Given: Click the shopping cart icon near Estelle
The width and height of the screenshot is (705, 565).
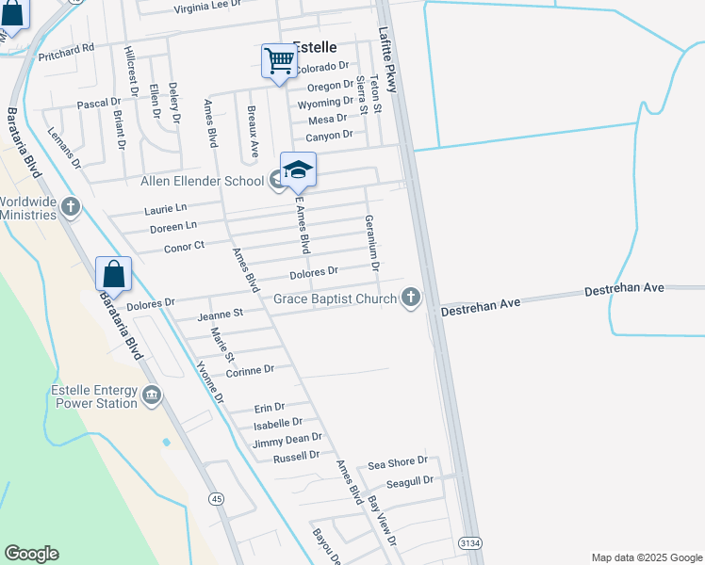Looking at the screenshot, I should pyautogui.click(x=279, y=61).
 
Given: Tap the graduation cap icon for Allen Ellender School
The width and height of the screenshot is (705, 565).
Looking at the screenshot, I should pyautogui.click(x=298, y=169).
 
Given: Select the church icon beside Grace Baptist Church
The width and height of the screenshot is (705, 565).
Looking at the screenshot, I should pyautogui.click(x=410, y=299).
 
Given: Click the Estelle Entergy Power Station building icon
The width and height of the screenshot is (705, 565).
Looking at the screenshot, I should pyautogui.click(x=151, y=397).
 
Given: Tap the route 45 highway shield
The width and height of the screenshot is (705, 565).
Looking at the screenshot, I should pyautogui.click(x=218, y=497).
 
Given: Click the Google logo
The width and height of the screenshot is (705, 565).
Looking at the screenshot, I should pyautogui.click(x=31, y=554).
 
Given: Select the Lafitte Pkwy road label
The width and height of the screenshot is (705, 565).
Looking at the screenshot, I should pyautogui.click(x=389, y=59).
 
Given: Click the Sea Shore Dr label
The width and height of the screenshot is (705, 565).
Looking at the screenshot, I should pyautogui.click(x=398, y=463).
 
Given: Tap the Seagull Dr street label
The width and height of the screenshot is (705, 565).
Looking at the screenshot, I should pyautogui.click(x=409, y=480).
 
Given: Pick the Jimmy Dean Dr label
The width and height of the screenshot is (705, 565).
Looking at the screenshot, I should pyautogui.click(x=287, y=439).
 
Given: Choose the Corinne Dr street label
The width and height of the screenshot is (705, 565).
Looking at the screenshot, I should pyautogui.click(x=250, y=370).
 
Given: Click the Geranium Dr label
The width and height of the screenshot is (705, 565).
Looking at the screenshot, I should pyautogui.click(x=372, y=243).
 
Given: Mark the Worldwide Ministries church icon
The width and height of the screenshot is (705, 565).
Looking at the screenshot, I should pyautogui.click(x=71, y=206).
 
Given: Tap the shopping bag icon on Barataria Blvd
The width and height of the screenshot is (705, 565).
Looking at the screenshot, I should pyautogui.click(x=113, y=274).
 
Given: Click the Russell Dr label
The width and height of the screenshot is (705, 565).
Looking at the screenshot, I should pyautogui.click(x=296, y=456).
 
